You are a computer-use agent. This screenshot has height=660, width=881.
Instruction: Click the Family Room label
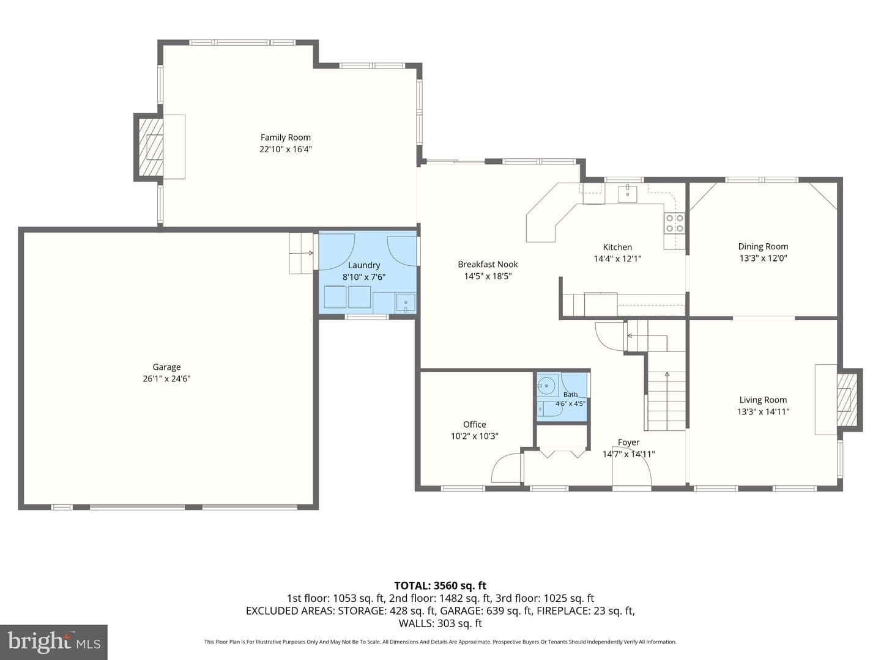[x=285, y=137]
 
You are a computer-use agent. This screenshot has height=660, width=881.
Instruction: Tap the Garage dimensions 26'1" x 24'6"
[x=166, y=379]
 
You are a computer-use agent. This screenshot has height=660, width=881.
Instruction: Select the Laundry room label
[x=364, y=265]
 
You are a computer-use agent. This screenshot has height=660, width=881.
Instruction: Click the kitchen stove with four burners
[x=675, y=224]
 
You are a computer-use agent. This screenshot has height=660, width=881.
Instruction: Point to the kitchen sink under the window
[x=627, y=194]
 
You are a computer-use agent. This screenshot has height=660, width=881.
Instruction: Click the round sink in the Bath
[x=546, y=386]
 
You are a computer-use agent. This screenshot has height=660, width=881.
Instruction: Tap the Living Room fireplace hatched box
[x=847, y=400]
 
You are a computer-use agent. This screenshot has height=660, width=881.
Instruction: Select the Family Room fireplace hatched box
[x=151, y=147]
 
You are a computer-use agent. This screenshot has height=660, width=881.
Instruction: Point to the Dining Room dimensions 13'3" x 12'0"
[x=764, y=258]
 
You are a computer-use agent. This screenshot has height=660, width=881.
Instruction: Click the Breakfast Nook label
[x=488, y=265]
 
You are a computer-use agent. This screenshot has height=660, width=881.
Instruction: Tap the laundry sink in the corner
[x=406, y=303]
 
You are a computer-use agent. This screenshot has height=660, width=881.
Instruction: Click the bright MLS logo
[x=54, y=642]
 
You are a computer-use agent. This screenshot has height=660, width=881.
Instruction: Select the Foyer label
[x=628, y=442]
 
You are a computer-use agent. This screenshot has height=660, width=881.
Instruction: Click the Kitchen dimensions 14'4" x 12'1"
[x=618, y=259]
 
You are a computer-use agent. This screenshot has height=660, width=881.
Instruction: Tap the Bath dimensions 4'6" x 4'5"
[x=570, y=403]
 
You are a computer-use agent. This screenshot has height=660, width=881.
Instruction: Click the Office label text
[x=474, y=424]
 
